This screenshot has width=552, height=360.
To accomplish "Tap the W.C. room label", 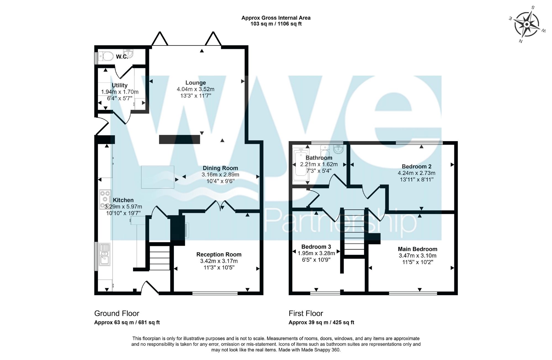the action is coord(122,57).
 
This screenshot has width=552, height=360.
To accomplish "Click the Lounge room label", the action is coord(195,83).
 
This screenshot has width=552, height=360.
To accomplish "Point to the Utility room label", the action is coord(120,85).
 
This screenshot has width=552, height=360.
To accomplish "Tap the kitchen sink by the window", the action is coord(105,254).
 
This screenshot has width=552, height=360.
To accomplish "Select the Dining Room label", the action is coord(220,168).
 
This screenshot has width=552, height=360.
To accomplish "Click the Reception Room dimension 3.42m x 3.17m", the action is coord(219,261).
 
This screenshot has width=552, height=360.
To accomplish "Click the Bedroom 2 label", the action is coord(416,166).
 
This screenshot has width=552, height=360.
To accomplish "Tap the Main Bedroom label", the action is coord(418,249).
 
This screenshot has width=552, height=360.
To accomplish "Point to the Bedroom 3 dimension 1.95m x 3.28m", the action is coord(316,253).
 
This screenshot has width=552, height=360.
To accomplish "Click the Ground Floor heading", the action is coord(117,313).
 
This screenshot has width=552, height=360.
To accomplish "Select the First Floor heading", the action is coord(306,313).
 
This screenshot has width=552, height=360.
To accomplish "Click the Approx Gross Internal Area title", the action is coord(276,18).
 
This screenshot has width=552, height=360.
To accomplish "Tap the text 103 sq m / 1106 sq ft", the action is coord(276,24).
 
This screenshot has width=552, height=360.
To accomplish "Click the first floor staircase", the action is coord(354,232).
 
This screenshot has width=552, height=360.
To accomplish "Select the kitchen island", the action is coord(158,177).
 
